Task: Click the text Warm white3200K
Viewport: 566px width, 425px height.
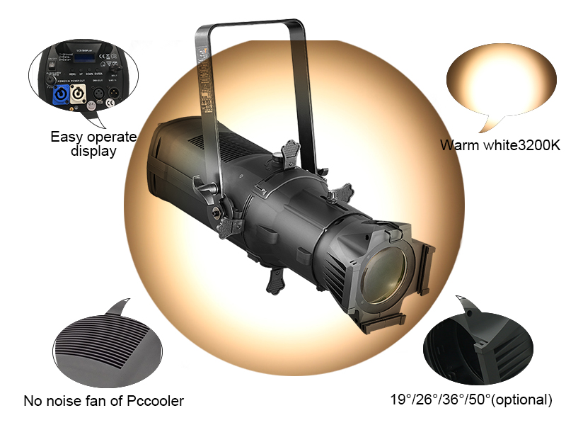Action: [499, 145]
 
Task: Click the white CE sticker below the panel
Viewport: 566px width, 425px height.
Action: [93, 113]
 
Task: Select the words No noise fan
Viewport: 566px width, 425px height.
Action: [64, 401]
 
